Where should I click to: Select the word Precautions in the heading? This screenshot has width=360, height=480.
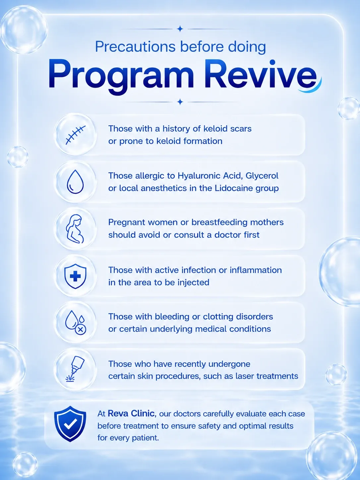point(135,46)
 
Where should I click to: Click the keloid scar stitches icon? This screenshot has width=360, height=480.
point(75,135)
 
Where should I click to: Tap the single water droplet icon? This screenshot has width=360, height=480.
point(75,182)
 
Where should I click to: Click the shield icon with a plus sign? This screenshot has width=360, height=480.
point(75,276)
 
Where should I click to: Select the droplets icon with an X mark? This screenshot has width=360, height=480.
point(76,323)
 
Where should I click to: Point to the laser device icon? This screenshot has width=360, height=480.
point(75,369)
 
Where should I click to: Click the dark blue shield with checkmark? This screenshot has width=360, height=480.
point(70,424)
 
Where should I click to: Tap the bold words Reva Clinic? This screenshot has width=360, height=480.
point(131,413)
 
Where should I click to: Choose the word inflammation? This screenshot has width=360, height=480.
point(256,270)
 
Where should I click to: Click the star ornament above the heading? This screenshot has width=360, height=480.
point(180,29)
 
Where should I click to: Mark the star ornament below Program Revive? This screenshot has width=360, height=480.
point(180,102)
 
